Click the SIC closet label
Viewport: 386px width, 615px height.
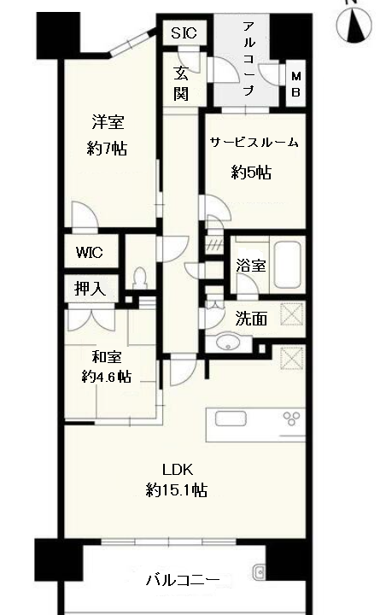[x=184, y=33]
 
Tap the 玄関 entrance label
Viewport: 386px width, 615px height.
[x=181, y=84]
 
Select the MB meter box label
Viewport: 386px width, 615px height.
[x=295, y=84]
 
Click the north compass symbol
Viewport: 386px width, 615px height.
[x=354, y=25]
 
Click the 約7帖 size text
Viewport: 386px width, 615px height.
[x=107, y=149]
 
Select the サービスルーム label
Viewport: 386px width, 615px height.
[x=254, y=142]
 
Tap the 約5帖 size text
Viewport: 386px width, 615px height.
[x=251, y=173]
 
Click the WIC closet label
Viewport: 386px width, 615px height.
[x=90, y=252]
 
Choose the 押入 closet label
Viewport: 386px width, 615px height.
[x=91, y=289]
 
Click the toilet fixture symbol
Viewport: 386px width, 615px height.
[x=139, y=278]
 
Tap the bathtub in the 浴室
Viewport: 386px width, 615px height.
[x=288, y=265]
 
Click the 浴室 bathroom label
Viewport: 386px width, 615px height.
[x=251, y=266]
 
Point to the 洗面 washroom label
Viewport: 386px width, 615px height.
[x=251, y=319]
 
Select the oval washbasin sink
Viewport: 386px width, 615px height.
[x=228, y=342]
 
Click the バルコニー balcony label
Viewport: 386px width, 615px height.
[x=183, y=580]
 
